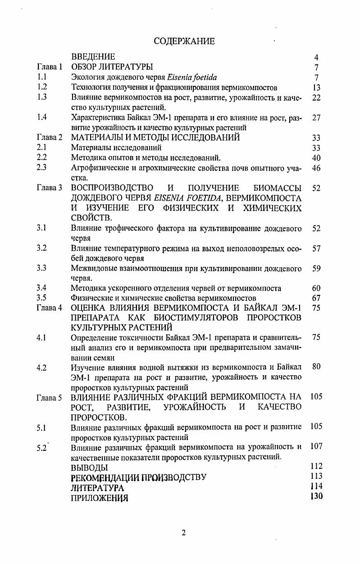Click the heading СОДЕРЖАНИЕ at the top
[x=184, y=41]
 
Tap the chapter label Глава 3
[x=49, y=188]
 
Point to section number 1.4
[x=42, y=118]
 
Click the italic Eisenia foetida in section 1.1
[x=191, y=77]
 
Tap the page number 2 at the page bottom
[x=183, y=532]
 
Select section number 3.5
[x=42, y=298]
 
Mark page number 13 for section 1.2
[x=316, y=87]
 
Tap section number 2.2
[x=42, y=158]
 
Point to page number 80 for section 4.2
[x=316, y=367]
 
